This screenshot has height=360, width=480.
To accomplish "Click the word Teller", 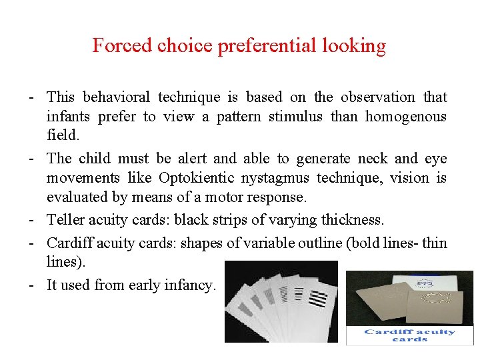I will click(x=65, y=220).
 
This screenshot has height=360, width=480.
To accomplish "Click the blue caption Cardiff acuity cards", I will click(x=409, y=335).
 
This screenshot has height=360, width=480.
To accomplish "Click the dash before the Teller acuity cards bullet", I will click(x=32, y=220).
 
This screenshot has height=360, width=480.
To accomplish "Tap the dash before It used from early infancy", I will click(x=32, y=286).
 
